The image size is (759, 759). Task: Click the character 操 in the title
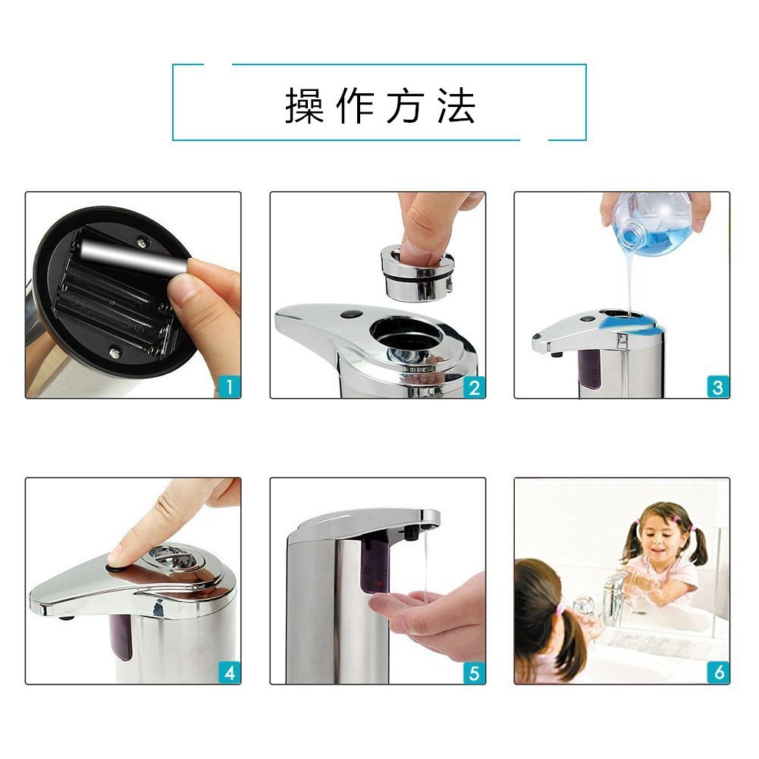304,105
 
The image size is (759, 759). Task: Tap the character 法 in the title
456,105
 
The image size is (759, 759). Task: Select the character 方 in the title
405,105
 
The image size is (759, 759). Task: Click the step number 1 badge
229,387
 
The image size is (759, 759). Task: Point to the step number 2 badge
474,387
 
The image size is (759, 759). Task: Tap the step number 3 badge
718,387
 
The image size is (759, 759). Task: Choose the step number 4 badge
229,673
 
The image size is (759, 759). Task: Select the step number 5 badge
474,673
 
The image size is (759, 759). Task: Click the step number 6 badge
718,673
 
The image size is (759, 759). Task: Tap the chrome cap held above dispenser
417,272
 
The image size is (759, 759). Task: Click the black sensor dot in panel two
351,314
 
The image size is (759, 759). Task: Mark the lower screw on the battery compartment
114,353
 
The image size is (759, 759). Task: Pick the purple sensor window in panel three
589,369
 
